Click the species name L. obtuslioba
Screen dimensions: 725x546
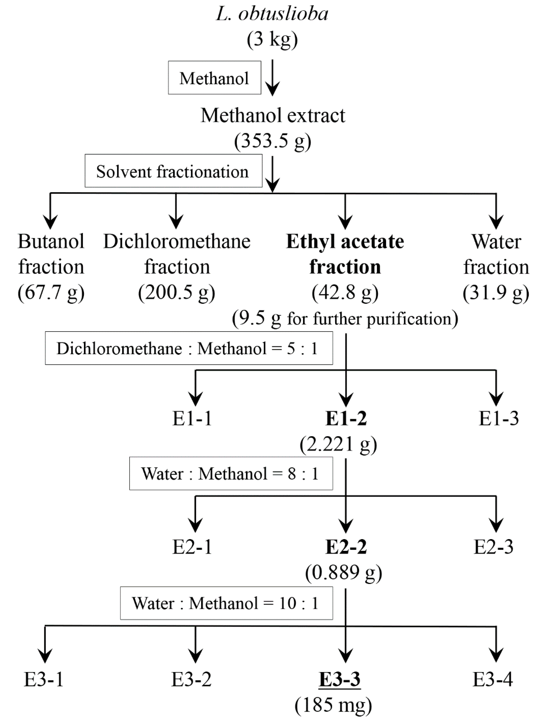tap(272, 14)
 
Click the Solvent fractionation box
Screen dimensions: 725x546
tap(173, 171)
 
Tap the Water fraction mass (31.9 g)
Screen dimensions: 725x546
tap(496, 292)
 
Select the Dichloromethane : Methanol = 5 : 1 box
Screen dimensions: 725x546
tap(189, 348)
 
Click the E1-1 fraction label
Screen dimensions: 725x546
tap(192, 418)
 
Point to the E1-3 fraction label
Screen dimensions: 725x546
tap(499, 418)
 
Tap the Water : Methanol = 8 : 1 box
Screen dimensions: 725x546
tap(231, 474)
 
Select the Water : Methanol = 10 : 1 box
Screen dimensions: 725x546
tap(226, 603)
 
